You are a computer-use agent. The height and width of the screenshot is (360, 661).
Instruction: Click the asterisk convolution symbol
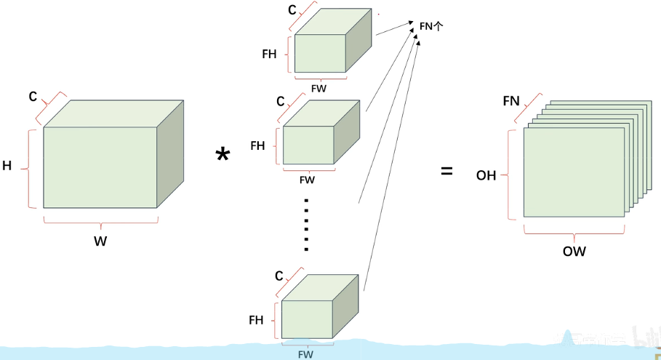(223, 154)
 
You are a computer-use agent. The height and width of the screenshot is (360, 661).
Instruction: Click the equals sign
(446, 171)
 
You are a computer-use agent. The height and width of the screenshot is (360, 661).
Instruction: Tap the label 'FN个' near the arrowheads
(431, 27)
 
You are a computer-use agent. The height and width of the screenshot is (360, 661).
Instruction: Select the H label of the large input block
(7, 166)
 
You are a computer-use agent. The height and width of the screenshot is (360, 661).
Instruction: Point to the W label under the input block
(100, 241)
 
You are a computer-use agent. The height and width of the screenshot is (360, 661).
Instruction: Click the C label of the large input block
(33, 97)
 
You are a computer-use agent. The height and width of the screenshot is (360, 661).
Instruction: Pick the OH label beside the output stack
(486, 175)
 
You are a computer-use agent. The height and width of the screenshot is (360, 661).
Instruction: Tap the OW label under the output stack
(574, 251)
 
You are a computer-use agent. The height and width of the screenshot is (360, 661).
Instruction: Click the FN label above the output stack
(511, 101)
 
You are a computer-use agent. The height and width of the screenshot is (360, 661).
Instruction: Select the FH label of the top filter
(269, 54)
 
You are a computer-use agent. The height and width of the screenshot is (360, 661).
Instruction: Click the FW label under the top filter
(319, 89)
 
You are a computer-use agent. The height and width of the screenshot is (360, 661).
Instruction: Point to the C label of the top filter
(292, 9)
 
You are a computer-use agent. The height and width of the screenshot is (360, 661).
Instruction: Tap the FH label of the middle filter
(257, 145)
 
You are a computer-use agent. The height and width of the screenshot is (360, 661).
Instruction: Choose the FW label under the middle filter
(307, 180)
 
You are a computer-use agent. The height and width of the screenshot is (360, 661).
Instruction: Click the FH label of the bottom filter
(256, 320)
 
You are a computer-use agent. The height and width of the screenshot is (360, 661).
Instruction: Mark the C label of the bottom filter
(279, 276)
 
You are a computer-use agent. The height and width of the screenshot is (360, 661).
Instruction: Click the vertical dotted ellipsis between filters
(306, 225)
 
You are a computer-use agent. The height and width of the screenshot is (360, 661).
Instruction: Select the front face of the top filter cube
(320, 53)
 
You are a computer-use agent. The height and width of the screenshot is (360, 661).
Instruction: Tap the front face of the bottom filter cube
(307, 319)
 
